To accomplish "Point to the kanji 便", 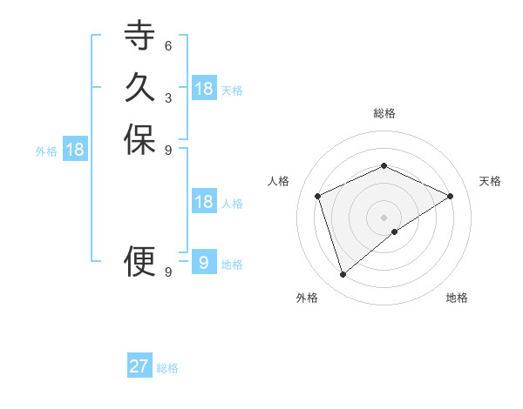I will click(x=139, y=259).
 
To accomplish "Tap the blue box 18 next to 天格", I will click(x=204, y=89).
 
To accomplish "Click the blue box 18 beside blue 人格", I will click(x=204, y=202).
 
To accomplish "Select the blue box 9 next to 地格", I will click(x=204, y=263).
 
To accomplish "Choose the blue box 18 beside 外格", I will click(x=76, y=150).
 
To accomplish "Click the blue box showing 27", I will click(x=139, y=366).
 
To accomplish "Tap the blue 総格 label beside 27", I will click(x=167, y=368).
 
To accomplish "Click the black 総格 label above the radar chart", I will click(x=384, y=113).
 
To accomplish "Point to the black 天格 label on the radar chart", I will click(x=490, y=181).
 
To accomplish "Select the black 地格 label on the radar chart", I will click(x=457, y=298).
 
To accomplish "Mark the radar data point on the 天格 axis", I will click(x=451, y=196).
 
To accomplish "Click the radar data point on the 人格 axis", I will click(x=318, y=196).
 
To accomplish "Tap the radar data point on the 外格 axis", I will click(x=343, y=275).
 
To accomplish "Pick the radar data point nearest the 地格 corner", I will click(x=395, y=231).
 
